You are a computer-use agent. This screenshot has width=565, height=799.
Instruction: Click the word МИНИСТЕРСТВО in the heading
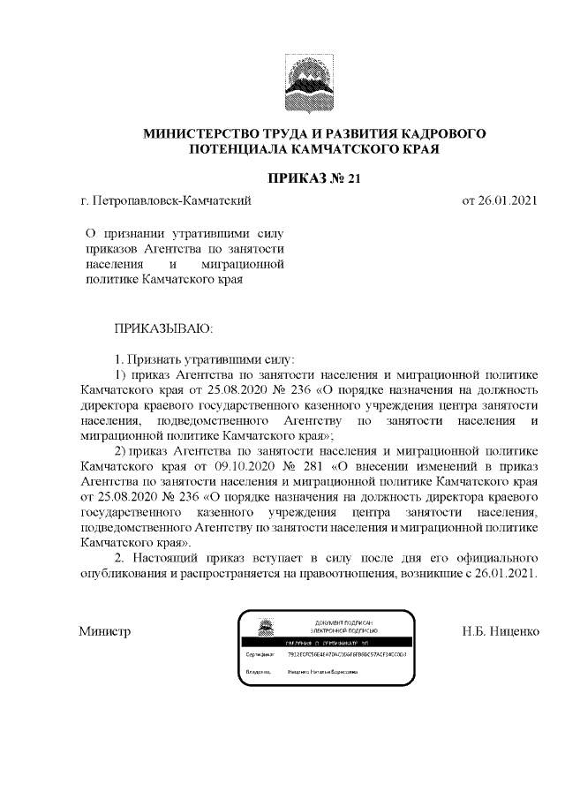[206, 133]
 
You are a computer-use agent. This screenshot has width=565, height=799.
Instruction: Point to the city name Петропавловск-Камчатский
[171, 201]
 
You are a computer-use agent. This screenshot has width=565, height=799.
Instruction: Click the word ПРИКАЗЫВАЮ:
[164, 329]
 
